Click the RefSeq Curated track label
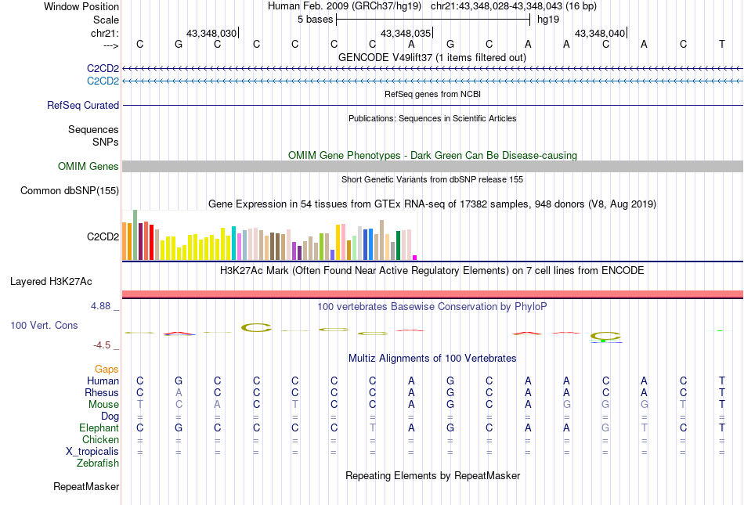coord(83,105)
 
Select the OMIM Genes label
coord(88,166)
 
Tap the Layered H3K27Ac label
coord(65,280)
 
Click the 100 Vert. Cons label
coord(44,325)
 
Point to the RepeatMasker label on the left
coord(86,487)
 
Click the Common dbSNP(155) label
coord(70,190)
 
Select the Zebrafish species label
coord(98,463)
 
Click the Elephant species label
coord(99,427)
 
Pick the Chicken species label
coord(100,439)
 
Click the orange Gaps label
coord(107,369)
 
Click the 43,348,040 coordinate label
coord(600,34)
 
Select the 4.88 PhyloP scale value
coord(102,306)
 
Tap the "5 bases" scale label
coord(315,19)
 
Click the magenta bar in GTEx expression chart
coord(415,257)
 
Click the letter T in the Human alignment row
coord(721,381)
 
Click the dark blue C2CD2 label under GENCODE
coord(103,68)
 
